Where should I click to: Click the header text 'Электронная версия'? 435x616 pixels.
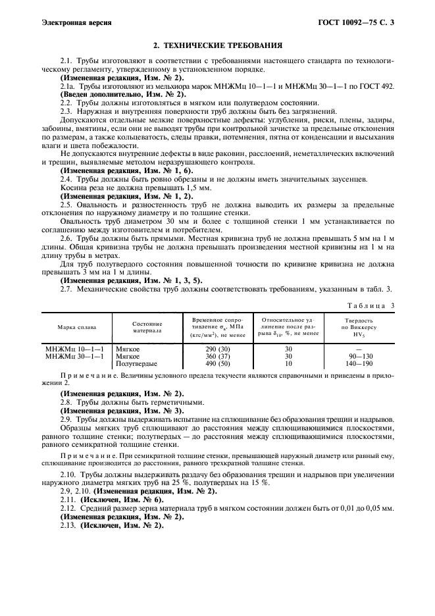[x=76, y=22]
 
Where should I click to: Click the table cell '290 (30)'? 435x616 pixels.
[x=218, y=349]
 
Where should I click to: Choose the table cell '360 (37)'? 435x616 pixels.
[x=218, y=356]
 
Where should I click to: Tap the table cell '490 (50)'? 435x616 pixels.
[x=218, y=363]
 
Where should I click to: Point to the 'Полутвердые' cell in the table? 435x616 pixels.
[x=136, y=363]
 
